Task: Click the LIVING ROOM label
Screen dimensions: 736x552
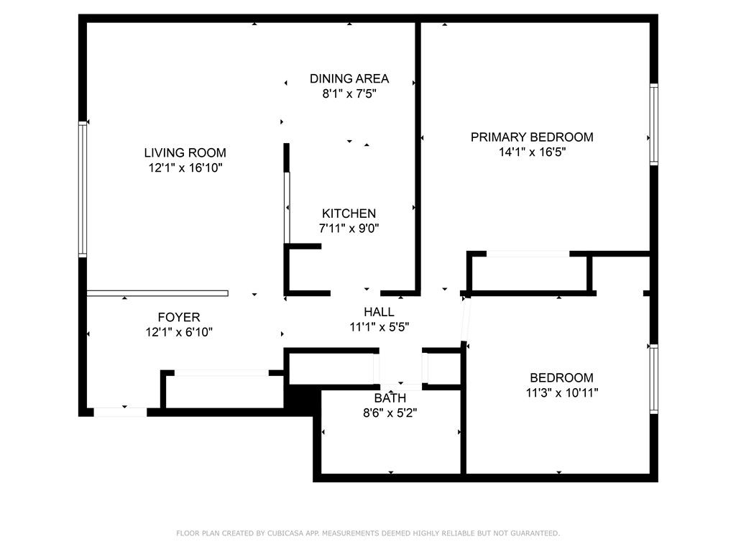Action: [x=185, y=152]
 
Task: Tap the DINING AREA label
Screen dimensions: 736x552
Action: [x=349, y=78]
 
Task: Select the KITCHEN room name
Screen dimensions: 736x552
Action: [x=349, y=213]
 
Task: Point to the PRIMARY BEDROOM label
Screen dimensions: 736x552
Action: [x=532, y=137]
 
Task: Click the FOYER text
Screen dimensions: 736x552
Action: [x=179, y=317]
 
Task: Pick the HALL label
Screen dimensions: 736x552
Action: [x=379, y=312]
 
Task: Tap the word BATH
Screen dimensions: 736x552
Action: [x=390, y=398]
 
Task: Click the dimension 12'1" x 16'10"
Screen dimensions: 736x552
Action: [x=185, y=167]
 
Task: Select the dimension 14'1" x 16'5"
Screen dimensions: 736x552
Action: [x=533, y=152]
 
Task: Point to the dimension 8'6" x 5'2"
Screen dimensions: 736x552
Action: [x=390, y=413]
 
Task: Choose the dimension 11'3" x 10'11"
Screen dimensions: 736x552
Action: [x=562, y=392]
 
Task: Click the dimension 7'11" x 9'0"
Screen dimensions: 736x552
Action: [x=349, y=229]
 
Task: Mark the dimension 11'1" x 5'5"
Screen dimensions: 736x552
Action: [x=379, y=327]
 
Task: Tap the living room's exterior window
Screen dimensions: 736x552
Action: [x=83, y=189]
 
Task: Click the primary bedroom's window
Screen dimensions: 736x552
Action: [x=653, y=124]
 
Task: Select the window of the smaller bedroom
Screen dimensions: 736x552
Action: [x=653, y=379]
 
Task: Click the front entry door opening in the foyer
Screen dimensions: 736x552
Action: [x=121, y=412]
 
